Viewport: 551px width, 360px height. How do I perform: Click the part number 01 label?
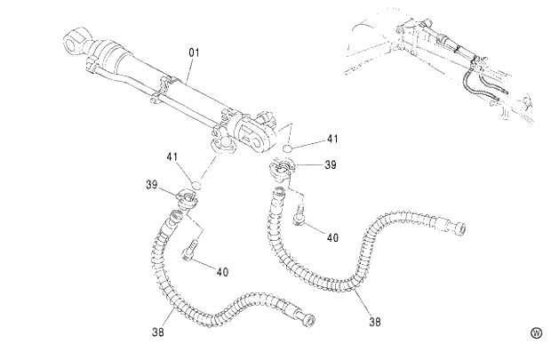(x=193, y=53)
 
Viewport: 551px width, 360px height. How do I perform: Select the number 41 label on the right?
(x=332, y=139)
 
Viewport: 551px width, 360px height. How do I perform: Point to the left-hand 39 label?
(x=152, y=184)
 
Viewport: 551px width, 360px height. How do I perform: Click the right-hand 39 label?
(x=331, y=165)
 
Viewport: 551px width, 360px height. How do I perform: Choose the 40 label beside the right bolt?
(x=332, y=238)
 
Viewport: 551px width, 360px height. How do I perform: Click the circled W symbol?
(x=536, y=333)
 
